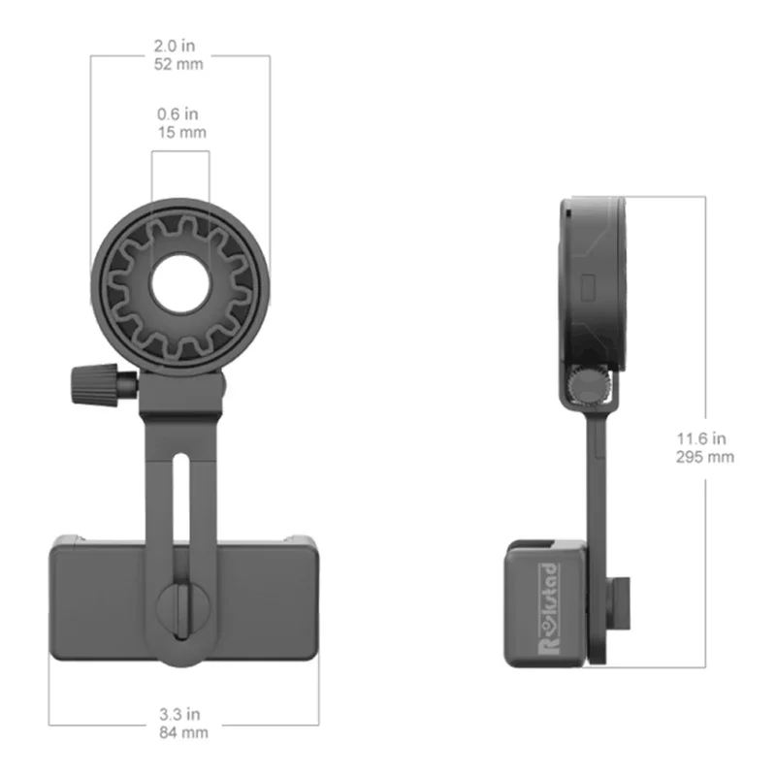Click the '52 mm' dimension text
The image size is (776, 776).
(x=179, y=66)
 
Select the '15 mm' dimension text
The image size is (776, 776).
(x=181, y=132)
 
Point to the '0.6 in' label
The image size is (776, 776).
(x=181, y=113)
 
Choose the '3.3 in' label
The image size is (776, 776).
(x=183, y=715)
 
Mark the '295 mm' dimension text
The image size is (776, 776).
(x=705, y=457)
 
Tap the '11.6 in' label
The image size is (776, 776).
(x=705, y=438)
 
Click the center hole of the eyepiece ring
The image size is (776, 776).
(x=180, y=284)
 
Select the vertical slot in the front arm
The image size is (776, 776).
(x=181, y=504)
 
